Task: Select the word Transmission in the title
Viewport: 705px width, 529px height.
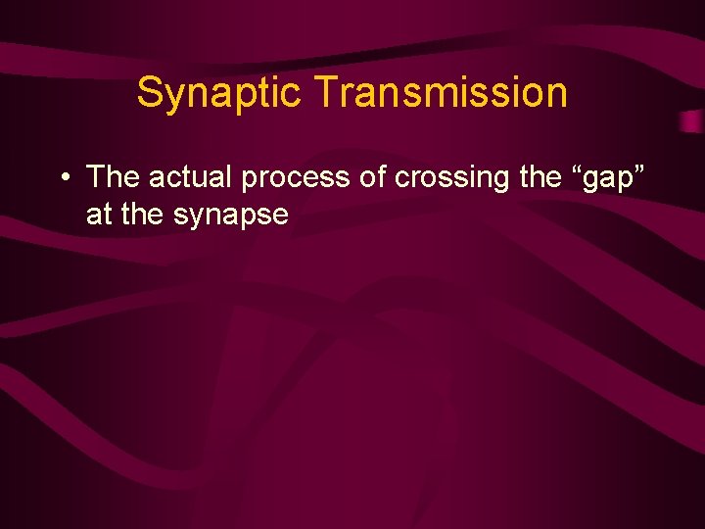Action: point(442,93)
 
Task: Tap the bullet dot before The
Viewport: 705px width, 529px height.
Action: point(63,178)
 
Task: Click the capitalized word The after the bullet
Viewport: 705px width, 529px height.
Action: point(114,177)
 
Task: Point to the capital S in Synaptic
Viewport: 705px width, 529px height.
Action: point(149,93)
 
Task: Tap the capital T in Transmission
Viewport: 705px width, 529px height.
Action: point(326,93)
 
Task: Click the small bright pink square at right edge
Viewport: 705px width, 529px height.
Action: point(690,120)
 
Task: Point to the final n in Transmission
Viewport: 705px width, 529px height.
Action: point(557,96)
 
